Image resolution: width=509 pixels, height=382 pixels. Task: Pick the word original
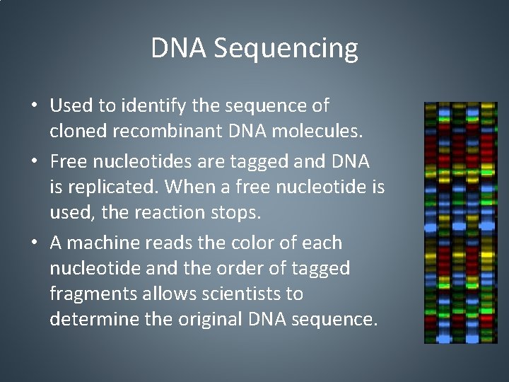[x=212, y=320]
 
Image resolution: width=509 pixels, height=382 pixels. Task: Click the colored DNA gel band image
[x=460, y=222]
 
